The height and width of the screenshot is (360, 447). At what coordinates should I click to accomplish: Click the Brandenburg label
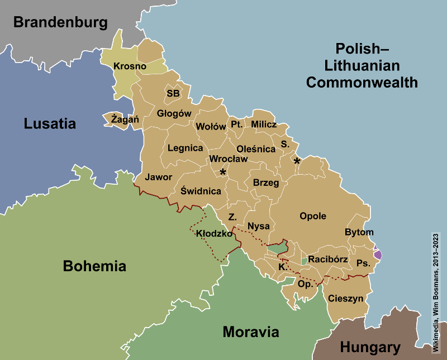coord(60,22)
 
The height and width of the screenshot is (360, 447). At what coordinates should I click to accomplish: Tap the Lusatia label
coord(50,124)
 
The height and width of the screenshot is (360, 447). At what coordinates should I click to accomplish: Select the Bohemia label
coord(94,266)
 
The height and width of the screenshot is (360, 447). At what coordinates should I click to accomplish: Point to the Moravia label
coord(250,332)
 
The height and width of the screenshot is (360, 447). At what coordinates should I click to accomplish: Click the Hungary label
coord(370,348)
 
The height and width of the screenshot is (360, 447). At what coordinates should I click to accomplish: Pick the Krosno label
coord(130,66)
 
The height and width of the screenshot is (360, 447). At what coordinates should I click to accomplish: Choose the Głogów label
coord(174,113)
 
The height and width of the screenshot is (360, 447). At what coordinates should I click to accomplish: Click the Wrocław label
coord(228,159)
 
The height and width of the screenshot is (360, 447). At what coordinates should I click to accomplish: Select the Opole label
coord(313,216)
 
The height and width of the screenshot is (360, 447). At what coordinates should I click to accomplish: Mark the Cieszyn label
coord(346,299)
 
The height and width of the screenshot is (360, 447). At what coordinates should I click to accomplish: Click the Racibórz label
coord(328,260)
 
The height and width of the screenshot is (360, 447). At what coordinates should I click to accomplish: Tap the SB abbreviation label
coord(173,93)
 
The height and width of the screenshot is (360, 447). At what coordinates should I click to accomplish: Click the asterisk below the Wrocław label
coord(223,172)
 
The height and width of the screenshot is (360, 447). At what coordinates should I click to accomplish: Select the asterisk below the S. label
coord(297,161)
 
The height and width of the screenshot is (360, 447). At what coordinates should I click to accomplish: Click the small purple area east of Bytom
coord(378,254)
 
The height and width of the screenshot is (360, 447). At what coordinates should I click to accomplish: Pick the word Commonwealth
coord(362,83)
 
